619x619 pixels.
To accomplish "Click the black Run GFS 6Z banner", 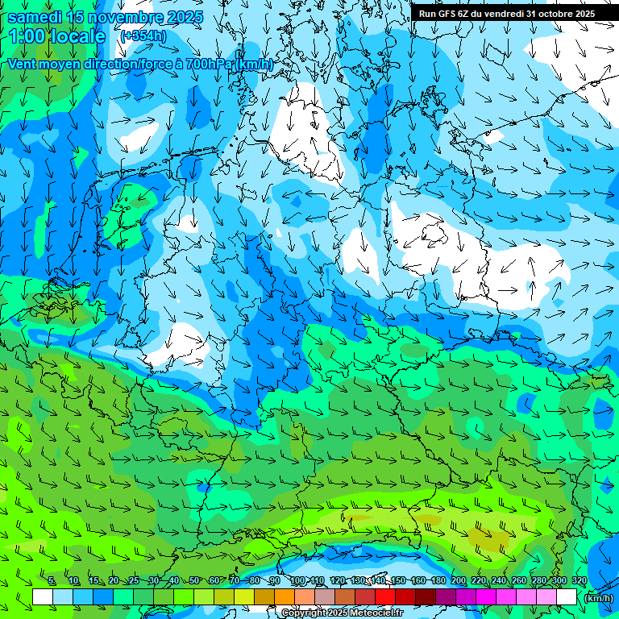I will (x=507, y=13).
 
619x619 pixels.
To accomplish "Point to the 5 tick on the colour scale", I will (x=52, y=581).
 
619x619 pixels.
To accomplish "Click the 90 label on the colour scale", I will (x=274, y=581).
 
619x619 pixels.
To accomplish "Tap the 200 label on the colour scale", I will (x=459, y=581).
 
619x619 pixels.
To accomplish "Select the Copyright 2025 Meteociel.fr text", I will (x=342, y=613).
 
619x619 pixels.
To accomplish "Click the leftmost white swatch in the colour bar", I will (x=43, y=596).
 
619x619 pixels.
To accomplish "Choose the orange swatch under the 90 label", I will (x=285, y=596).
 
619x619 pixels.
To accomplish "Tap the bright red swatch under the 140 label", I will (x=385, y=596).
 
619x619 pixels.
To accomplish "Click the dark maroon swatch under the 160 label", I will (x=426, y=596).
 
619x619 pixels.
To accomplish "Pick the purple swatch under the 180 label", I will (x=446, y=596).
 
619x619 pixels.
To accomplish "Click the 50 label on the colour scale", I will (x=193, y=581).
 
